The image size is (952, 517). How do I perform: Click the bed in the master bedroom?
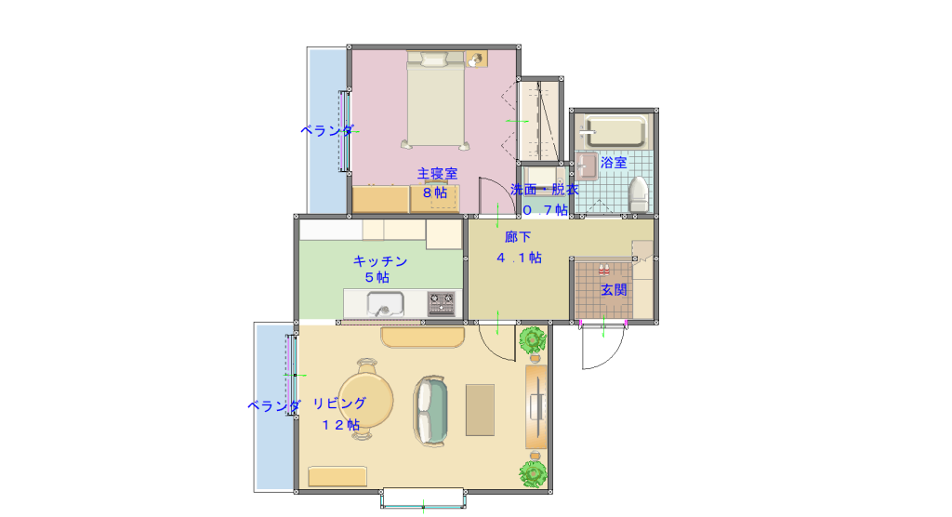tap(435, 100)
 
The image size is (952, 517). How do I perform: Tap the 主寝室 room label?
tap(437, 174)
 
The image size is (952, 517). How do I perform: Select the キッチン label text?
tap(380, 261)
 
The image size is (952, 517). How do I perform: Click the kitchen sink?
tap(385, 304)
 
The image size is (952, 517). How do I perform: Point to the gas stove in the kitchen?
tap(442, 304)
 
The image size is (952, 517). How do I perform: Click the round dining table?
tap(365, 400)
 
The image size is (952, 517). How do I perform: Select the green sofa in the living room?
tap(431, 411)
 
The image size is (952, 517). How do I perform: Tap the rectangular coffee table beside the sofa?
tap(480, 410)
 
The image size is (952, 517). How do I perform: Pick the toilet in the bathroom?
tap(638, 193)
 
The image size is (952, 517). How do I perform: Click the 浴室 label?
tap(614, 163)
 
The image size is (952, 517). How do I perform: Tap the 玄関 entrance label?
tap(614, 290)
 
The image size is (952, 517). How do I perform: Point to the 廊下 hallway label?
tap(518, 237)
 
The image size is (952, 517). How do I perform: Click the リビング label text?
tap(339, 404)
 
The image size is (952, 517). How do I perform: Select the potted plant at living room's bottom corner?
tap(534, 473)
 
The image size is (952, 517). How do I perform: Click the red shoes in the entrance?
tap(603, 269)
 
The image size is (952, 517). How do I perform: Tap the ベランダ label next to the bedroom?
tap(327, 130)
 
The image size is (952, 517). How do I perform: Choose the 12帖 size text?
tap(340, 425)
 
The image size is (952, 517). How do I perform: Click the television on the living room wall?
tap(536, 405)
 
